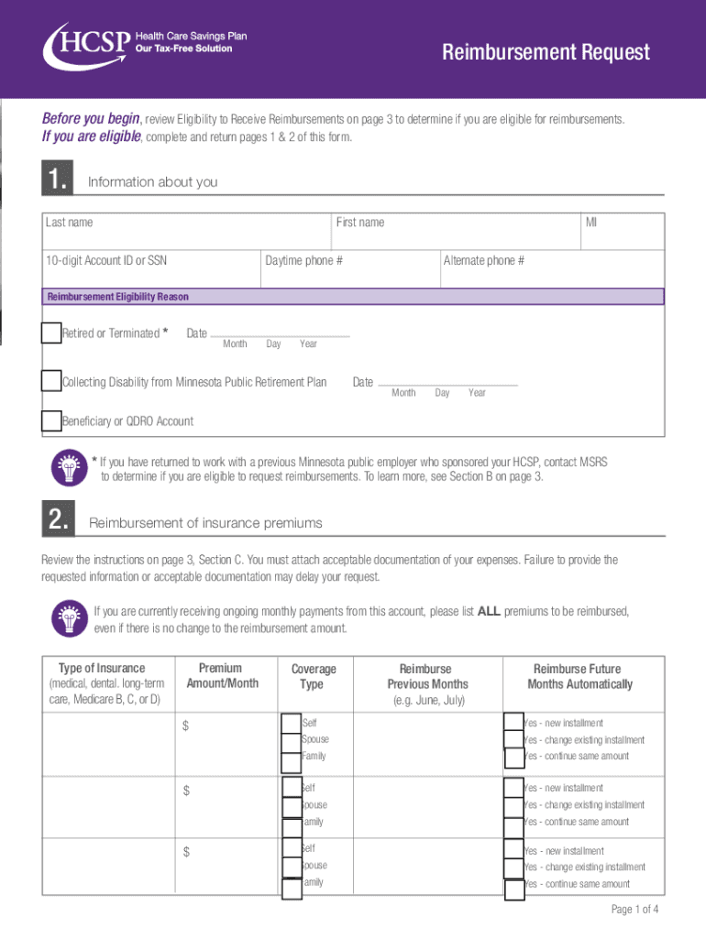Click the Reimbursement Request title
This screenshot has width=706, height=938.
[x=546, y=52]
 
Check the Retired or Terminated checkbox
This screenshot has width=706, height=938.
[x=51, y=333]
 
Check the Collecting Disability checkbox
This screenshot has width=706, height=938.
[x=51, y=381]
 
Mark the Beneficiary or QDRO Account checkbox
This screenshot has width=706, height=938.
[x=51, y=421]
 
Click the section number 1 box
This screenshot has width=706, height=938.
[x=58, y=181]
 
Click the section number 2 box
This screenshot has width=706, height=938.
[x=58, y=521]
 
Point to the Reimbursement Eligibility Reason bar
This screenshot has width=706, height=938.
[x=353, y=297]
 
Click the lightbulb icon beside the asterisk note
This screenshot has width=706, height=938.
[x=70, y=467]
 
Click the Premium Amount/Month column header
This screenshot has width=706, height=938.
[x=220, y=676]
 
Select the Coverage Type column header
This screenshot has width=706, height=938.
[x=314, y=677]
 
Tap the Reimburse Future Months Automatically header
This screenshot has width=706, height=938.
[x=579, y=677]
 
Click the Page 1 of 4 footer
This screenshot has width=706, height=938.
[x=634, y=910]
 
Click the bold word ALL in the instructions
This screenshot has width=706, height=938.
[x=489, y=612]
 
